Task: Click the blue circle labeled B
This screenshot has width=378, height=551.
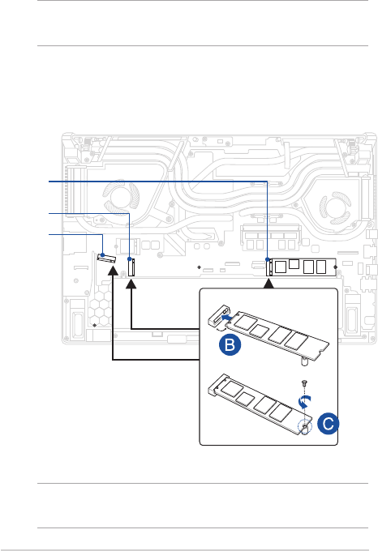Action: point(230,344)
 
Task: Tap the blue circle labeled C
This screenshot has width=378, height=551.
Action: point(328,424)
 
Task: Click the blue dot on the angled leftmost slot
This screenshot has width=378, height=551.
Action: point(102,255)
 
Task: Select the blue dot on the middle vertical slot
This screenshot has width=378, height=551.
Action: point(130,259)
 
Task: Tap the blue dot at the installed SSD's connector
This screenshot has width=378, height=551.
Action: point(268,259)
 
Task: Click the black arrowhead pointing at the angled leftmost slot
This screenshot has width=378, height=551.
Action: point(113,270)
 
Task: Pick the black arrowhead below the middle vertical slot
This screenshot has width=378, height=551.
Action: point(131,284)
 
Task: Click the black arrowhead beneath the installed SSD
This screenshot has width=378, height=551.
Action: point(268,284)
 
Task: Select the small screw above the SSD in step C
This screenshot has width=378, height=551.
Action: point(304,382)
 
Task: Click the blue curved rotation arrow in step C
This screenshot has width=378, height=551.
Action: point(304,401)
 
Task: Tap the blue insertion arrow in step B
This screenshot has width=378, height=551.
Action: point(226,318)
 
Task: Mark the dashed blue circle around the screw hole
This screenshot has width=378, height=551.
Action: point(304,427)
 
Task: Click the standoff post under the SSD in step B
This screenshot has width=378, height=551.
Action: point(303,361)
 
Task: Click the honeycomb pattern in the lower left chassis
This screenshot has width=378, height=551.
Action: point(100,305)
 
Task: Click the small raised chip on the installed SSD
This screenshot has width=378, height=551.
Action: point(294,264)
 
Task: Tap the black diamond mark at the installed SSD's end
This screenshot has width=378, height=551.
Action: point(335,267)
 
